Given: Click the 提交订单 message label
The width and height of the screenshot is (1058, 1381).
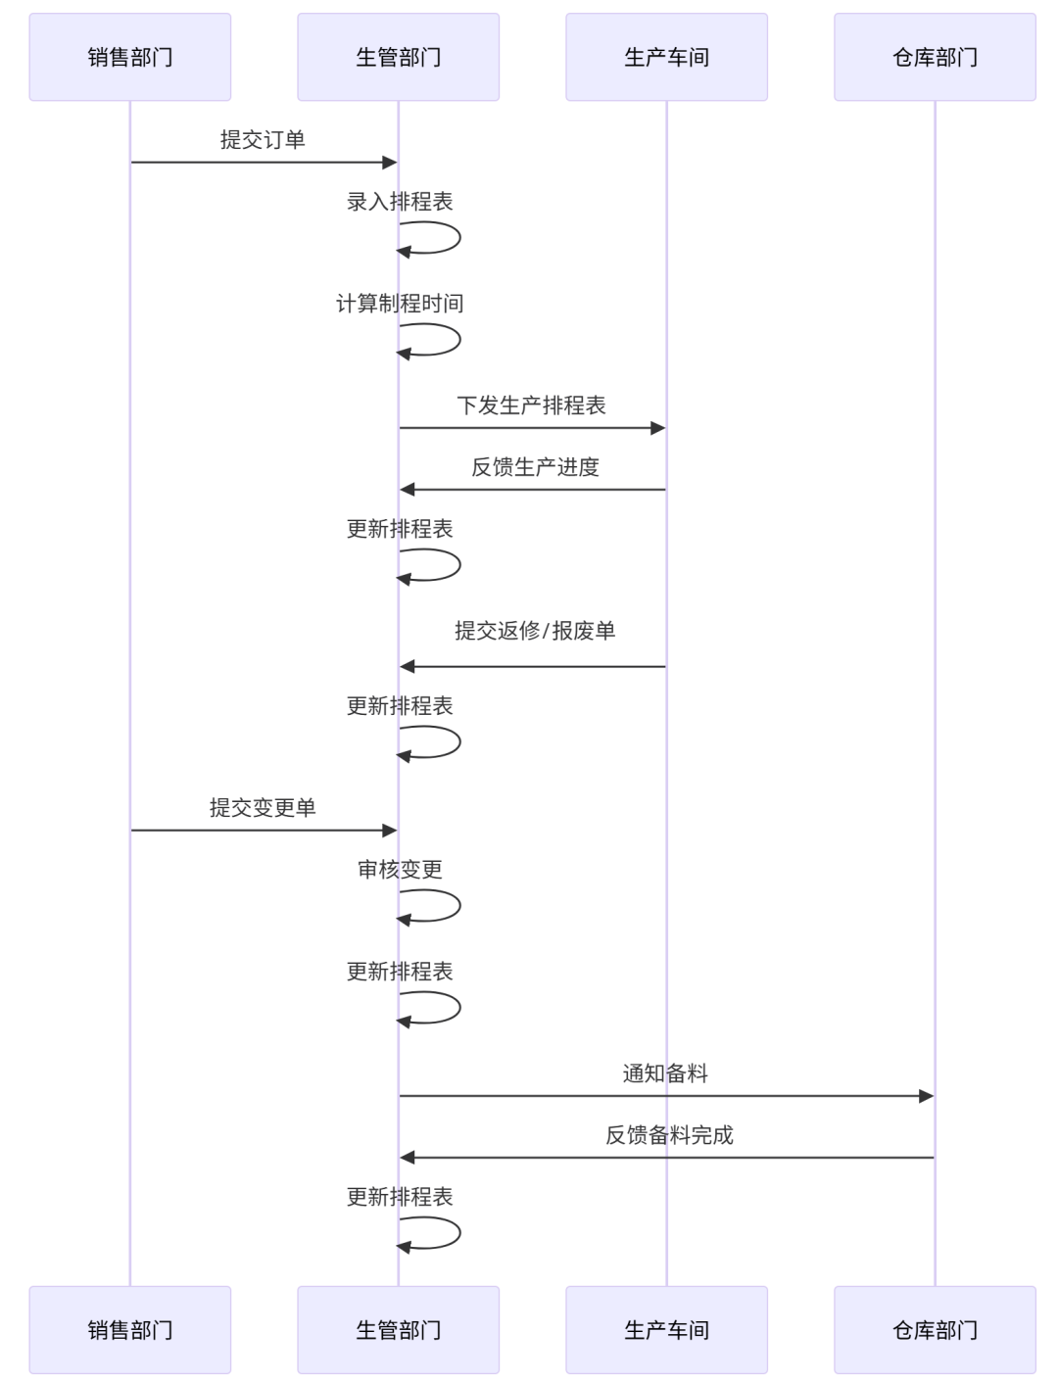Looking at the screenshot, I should click(x=263, y=140).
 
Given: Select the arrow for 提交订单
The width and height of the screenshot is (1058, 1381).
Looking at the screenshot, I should click(x=263, y=163).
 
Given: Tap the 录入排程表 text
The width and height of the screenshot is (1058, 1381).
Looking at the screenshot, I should click(x=400, y=202).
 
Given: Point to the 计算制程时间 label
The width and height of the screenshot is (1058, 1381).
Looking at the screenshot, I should click(x=400, y=304).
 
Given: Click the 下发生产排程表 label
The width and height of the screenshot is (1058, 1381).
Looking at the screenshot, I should click(x=532, y=405).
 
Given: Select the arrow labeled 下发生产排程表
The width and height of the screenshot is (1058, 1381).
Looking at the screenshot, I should click(x=532, y=428).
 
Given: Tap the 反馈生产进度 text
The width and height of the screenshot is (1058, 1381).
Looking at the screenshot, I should click(x=535, y=467).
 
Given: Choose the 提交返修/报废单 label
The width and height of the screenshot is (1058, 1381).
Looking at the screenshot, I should click(x=535, y=631).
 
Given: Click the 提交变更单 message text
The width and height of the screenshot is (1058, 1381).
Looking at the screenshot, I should click(x=263, y=808).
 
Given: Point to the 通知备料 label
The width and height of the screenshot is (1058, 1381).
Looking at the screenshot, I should click(x=665, y=1073).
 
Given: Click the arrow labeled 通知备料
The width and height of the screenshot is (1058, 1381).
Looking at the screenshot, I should click(x=666, y=1096).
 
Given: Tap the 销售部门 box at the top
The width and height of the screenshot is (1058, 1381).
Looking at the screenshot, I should click(x=130, y=57).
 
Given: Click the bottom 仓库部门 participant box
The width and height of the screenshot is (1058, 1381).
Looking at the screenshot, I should click(x=935, y=1330).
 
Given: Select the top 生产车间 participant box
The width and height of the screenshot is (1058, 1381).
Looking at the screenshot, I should click(x=666, y=57).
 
